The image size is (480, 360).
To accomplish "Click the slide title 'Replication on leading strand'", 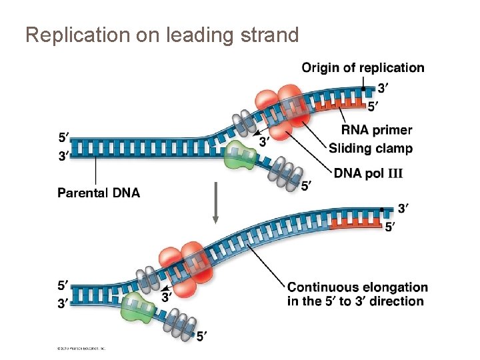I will click(162, 35).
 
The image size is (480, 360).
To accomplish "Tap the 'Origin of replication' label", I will click(363, 67).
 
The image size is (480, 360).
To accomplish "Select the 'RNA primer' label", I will click(377, 130).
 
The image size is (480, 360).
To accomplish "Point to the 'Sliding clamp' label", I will click(371, 148).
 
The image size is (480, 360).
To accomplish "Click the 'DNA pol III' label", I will click(369, 173).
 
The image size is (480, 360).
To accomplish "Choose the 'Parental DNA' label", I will click(99, 193).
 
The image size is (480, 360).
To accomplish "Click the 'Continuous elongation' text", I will click(358, 287).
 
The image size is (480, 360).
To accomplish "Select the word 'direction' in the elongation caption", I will click(397, 301).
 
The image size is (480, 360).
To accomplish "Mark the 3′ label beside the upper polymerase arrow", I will click(265, 141).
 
